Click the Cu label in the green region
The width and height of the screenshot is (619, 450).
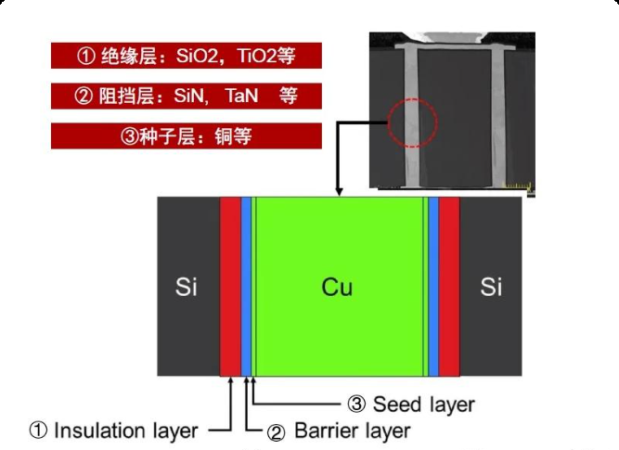pyautogui.click(x=337, y=287)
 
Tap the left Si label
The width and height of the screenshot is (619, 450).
pyautogui.click(x=186, y=287)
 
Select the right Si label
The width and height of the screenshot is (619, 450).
pyautogui.click(x=491, y=287)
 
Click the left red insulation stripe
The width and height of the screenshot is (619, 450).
pyautogui.click(x=230, y=287)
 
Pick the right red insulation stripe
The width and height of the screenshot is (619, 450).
pyautogui.click(x=449, y=287)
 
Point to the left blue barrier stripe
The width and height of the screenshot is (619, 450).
pyautogui.click(x=246, y=287)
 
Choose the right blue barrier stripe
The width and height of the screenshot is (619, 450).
pyautogui.click(x=433, y=287)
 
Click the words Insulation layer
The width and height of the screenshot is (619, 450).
pyautogui.click(x=125, y=431)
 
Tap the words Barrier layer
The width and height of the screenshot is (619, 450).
pyautogui.click(x=352, y=431)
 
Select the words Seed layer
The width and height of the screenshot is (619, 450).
pyautogui.click(x=423, y=405)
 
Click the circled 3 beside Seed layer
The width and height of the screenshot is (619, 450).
pyautogui.click(x=356, y=405)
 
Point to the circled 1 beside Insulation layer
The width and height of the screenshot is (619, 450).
pyautogui.click(x=38, y=431)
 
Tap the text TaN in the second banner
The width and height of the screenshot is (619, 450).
pyautogui.click(x=241, y=96)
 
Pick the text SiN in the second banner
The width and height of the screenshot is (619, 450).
pyautogui.click(x=190, y=96)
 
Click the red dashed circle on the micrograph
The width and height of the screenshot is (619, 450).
pyautogui.click(x=413, y=98)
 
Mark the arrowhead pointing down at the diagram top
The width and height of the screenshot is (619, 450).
pyautogui.click(x=339, y=192)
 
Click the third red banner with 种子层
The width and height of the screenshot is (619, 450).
pyautogui.click(x=187, y=135)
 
